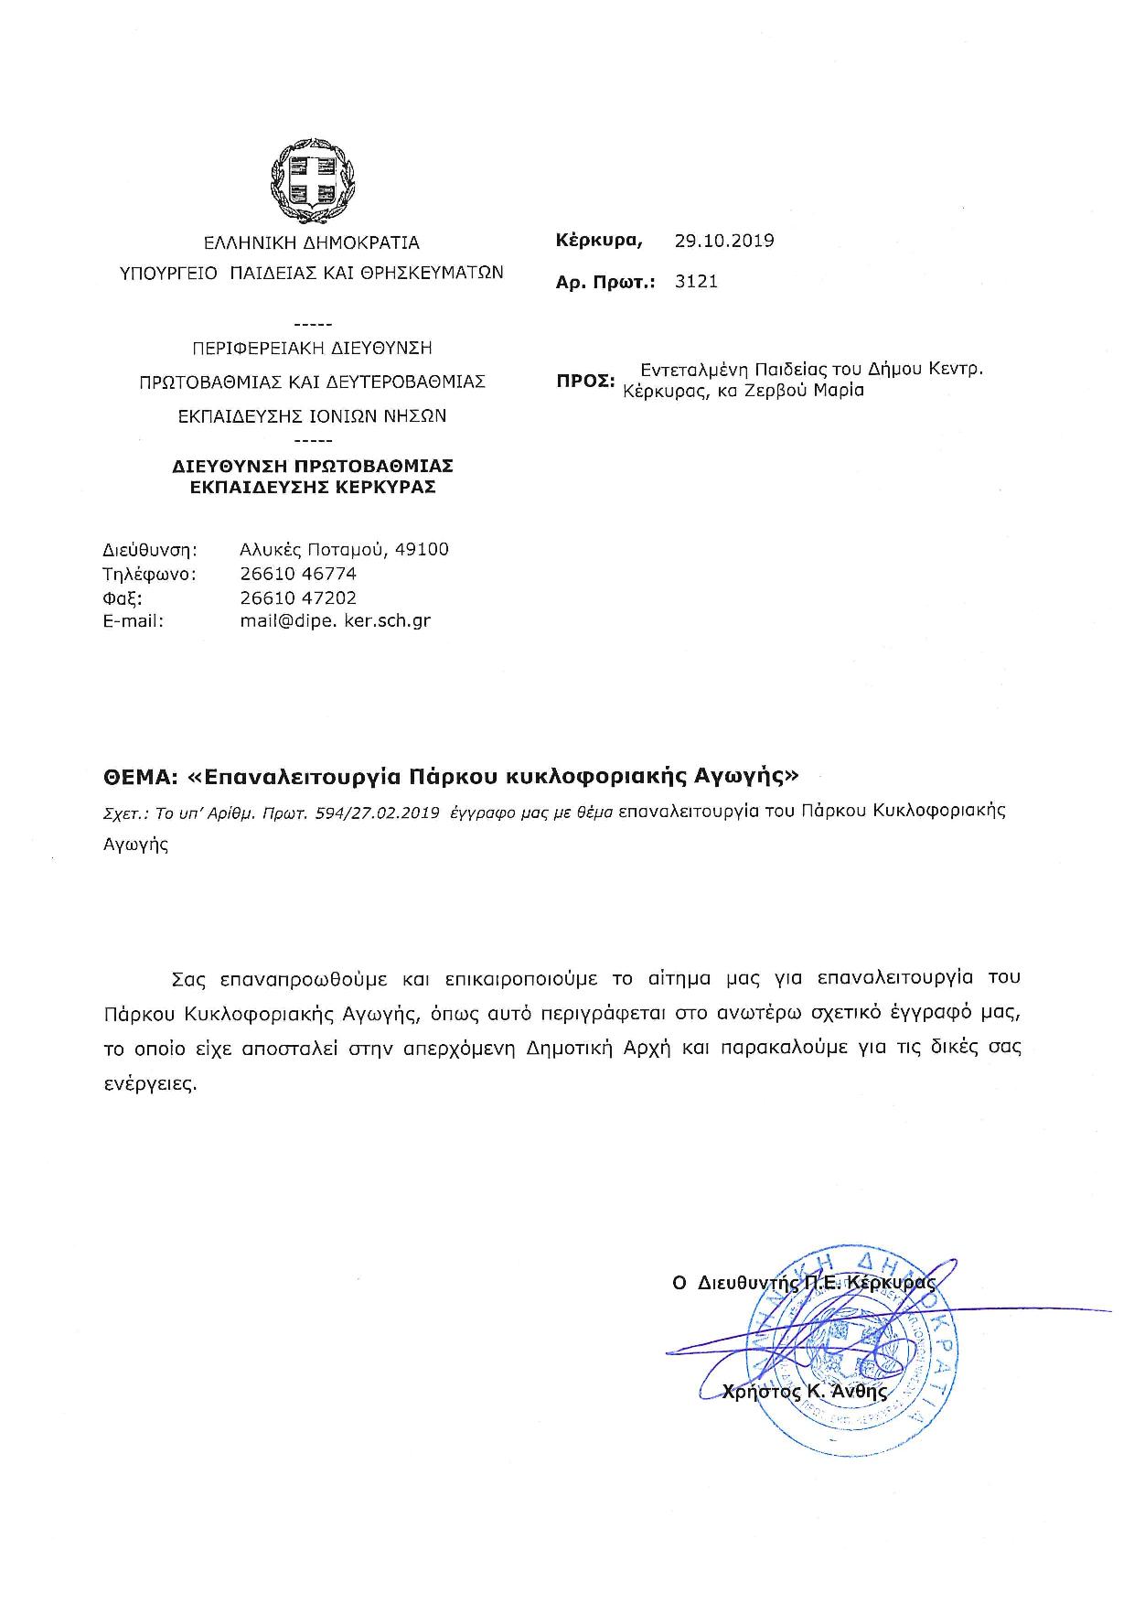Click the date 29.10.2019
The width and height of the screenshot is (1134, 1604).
(724, 241)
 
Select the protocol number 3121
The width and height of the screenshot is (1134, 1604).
(696, 282)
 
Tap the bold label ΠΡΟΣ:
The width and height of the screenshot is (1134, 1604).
(585, 381)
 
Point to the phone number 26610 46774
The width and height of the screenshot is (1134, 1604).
(298, 574)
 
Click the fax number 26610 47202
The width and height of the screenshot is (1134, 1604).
(298, 597)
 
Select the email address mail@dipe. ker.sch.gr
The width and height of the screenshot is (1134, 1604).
(335, 620)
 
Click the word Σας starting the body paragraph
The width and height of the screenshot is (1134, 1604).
(187, 977)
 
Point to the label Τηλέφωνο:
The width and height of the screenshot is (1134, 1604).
(150, 575)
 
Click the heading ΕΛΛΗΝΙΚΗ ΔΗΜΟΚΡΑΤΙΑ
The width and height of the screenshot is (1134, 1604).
(311, 243)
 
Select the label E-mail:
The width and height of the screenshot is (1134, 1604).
(134, 621)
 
